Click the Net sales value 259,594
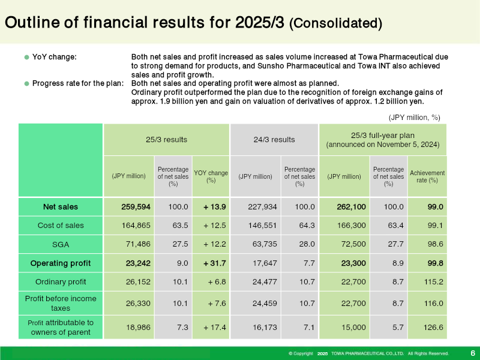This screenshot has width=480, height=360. click(136, 207)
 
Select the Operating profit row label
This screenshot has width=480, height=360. click(61, 263)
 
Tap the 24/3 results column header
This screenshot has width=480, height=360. click(274, 140)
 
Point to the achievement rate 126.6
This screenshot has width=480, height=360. click(433, 327)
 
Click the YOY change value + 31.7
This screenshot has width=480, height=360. click(215, 263)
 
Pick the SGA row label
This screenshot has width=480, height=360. click(61, 245)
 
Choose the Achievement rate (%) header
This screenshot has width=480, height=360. click(427, 176)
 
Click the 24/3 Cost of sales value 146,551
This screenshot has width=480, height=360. click(262, 226)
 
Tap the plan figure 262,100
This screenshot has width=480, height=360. click(351, 207)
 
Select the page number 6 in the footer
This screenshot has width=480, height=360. click(473, 353)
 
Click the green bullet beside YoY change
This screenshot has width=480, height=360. click(26, 57)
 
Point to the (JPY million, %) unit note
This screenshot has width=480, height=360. click(414, 118)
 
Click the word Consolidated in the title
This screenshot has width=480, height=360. click(335, 23)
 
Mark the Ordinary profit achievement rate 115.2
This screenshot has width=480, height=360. click(433, 282)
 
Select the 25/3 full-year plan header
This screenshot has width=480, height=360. click(383, 140)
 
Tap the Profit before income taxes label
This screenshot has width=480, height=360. click(61, 304)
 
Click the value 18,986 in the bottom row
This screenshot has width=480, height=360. click(138, 327)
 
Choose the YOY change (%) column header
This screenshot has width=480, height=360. click(211, 176)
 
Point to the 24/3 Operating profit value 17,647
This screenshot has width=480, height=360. click(265, 263)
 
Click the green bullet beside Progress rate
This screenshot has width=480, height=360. click(26, 83)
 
